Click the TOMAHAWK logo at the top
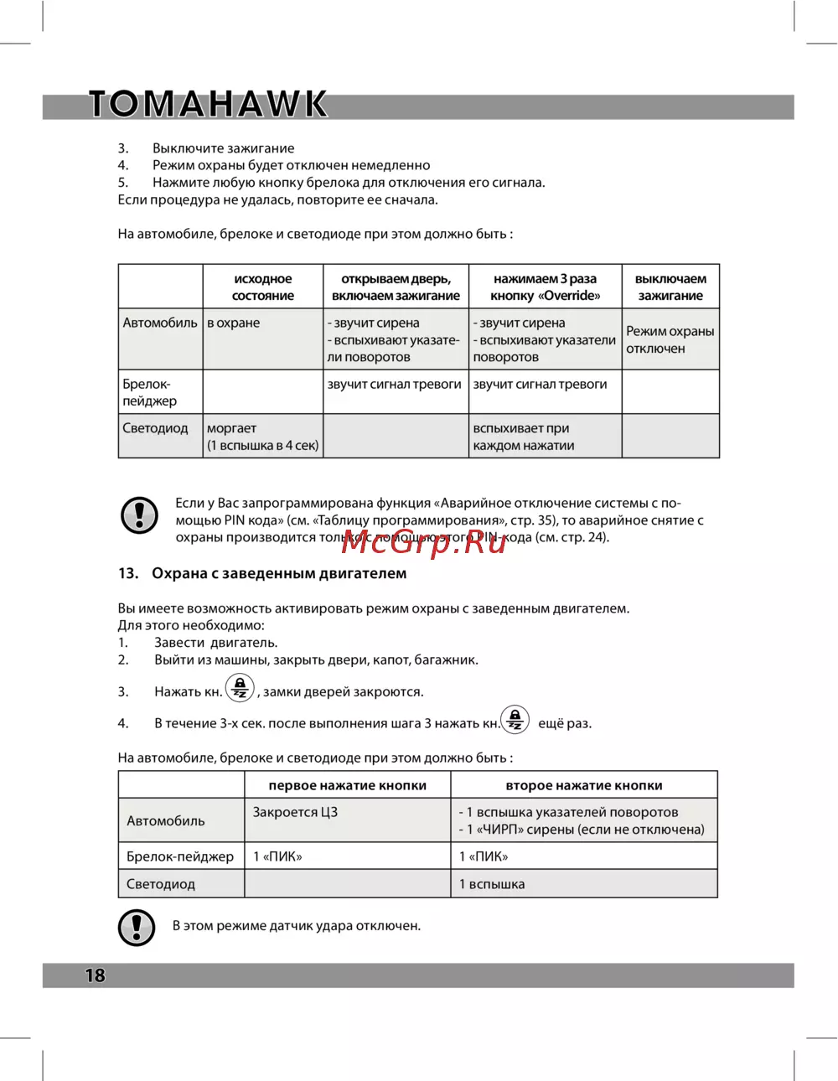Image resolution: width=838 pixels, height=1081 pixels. (208, 104)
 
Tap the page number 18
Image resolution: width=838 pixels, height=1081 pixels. (95, 975)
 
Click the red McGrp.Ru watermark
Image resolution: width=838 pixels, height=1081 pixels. (424, 542)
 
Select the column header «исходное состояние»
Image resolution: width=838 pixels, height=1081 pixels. (263, 287)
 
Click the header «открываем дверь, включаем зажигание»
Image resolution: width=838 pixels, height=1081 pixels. (396, 287)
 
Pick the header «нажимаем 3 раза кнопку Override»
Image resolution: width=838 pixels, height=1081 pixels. (545, 287)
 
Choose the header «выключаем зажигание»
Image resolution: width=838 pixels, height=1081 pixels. (670, 287)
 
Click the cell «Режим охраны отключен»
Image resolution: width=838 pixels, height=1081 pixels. (670, 339)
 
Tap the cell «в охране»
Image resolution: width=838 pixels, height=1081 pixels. (234, 323)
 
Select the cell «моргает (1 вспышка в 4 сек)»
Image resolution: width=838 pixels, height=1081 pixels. (262, 437)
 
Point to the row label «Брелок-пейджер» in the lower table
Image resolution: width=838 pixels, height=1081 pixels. (180, 856)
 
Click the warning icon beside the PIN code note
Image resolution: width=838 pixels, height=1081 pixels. (140, 515)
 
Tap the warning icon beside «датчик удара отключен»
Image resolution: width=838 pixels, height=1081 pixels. (137, 927)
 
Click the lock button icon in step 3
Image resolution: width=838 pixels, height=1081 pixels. (240, 689)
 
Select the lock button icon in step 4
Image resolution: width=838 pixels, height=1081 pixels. (515, 720)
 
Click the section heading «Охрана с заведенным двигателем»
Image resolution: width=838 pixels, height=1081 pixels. (279, 573)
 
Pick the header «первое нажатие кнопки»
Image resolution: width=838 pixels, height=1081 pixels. (347, 785)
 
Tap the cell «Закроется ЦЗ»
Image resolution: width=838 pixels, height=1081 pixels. (295, 812)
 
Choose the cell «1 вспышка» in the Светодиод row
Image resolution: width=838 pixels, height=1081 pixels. (492, 884)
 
